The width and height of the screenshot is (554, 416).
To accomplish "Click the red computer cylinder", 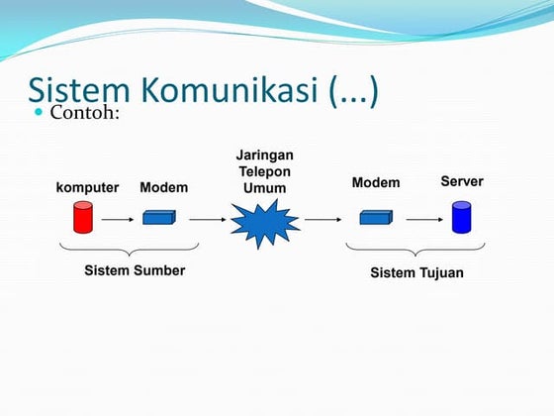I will pyautogui.click(x=82, y=217).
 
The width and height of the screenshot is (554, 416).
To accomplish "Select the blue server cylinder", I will pyautogui.click(x=461, y=217).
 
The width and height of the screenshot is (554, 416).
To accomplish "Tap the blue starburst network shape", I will pyautogui.click(x=264, y=221).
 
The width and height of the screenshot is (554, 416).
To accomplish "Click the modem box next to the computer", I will pyautogui.click(x=158, y=217).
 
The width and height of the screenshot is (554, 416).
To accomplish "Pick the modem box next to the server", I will pyautogui.click(x=376, y=217).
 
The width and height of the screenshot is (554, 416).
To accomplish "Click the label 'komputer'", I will pyautogui.click(x=87, y=187).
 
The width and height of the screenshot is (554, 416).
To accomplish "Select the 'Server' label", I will pyautogui.click(x=461, y=181).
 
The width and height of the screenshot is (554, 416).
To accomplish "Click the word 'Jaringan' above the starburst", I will pyautogui.click(x=264, y=156).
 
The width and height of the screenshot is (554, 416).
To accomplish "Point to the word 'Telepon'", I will pyautogui.click(x=264, y=172).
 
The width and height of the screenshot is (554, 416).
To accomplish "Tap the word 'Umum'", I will pyautogui.click(x=264, y=188).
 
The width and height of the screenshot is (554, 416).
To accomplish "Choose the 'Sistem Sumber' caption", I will pyautogui.click(x=134, y=269).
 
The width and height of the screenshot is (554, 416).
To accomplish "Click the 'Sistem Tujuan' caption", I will pyautogui.click(x=415, y=272).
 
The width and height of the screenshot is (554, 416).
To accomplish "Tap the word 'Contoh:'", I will pyautogui.click(x=85, y=113).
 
